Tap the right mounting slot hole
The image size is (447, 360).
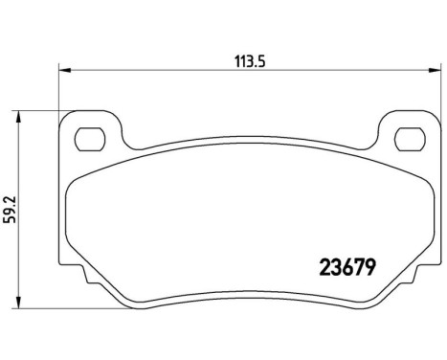(x=402, y=138)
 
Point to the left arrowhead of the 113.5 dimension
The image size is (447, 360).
(x=64, y=68)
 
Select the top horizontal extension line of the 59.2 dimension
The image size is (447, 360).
(x=43, y=110)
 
